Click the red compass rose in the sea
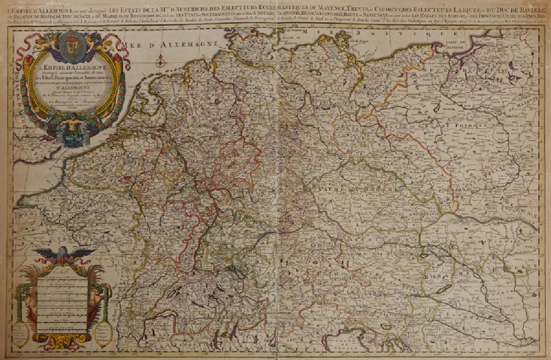coord(161,63)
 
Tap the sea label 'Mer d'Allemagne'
coord(148,46)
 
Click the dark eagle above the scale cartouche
coord(61,254)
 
